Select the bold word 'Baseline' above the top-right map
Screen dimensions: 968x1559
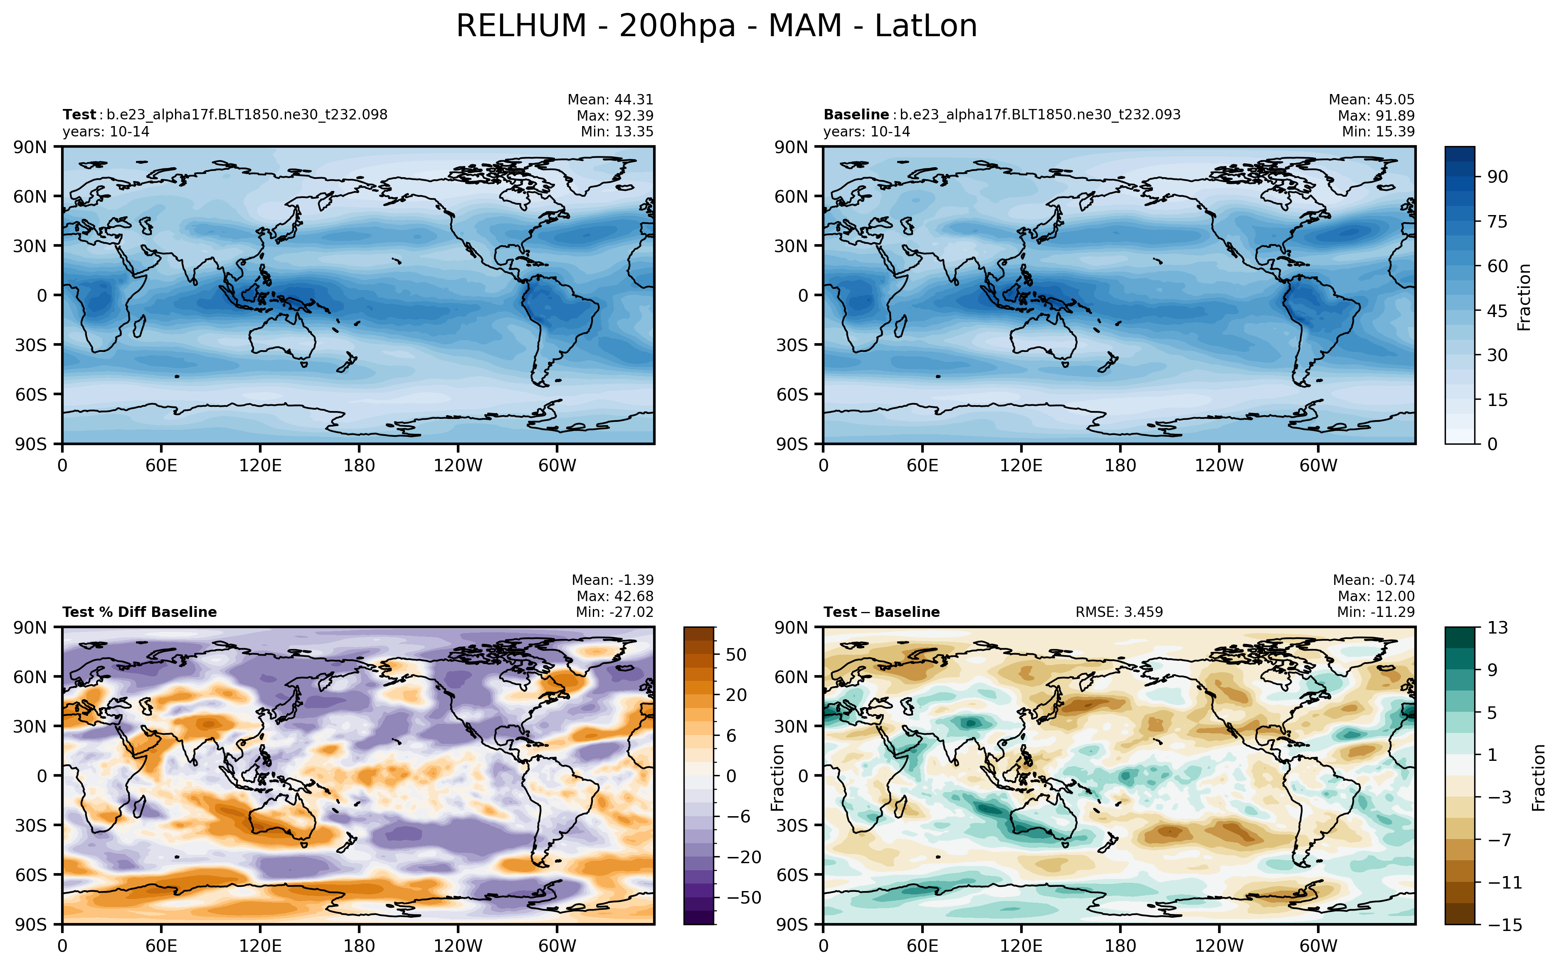click(855, 114)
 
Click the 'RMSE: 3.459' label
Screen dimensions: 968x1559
click(1118, 612)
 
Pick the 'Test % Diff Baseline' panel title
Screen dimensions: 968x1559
click(139, 612)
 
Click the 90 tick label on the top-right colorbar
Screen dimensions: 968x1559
click(1497, 177)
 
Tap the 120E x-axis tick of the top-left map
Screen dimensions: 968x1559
click(260, 465)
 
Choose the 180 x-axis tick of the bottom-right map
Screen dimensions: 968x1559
click(1120, 946)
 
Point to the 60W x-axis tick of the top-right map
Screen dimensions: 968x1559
click(1318, 465)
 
